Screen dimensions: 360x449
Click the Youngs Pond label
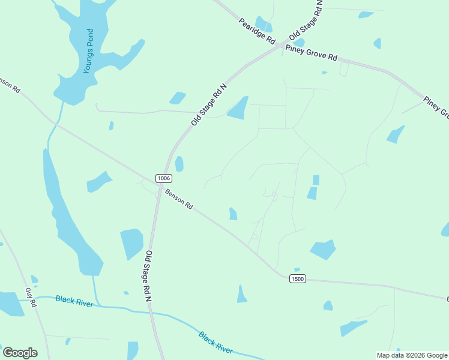click(x=89, y=52)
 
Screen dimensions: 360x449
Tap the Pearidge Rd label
click(x=256, y=32)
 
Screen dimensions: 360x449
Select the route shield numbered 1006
click(x=163, y=178)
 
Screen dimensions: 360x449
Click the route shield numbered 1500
click(x=297, y=278)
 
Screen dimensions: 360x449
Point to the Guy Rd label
click(x=31, y=298)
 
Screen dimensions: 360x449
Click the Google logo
click(x=20, y=353)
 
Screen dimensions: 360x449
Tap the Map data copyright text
click(x=412, y=355)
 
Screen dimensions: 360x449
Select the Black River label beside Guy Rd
click(x=74, y=301)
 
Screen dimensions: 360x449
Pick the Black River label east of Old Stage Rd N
click(x=215, y=341)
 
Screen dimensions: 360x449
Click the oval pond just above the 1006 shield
click(x=179, y=164)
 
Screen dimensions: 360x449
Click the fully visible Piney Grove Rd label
click(x=311, y=52)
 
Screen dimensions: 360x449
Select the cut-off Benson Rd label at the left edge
click(x=10, y=85)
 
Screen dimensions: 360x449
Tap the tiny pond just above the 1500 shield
click(x=297, y=270)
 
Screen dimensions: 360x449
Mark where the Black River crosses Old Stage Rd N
click(x=151, y=312)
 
